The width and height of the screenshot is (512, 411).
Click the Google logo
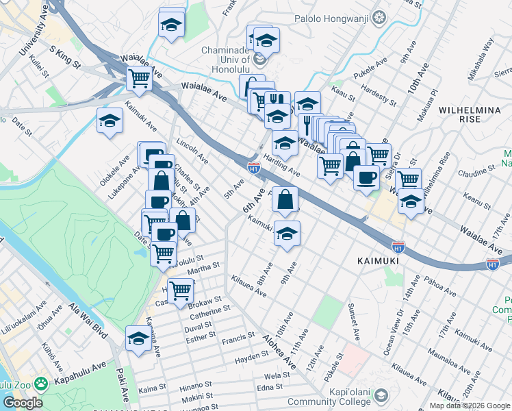[x=23, y=403]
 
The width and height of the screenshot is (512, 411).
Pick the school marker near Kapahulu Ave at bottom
[x=138, y=338]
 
